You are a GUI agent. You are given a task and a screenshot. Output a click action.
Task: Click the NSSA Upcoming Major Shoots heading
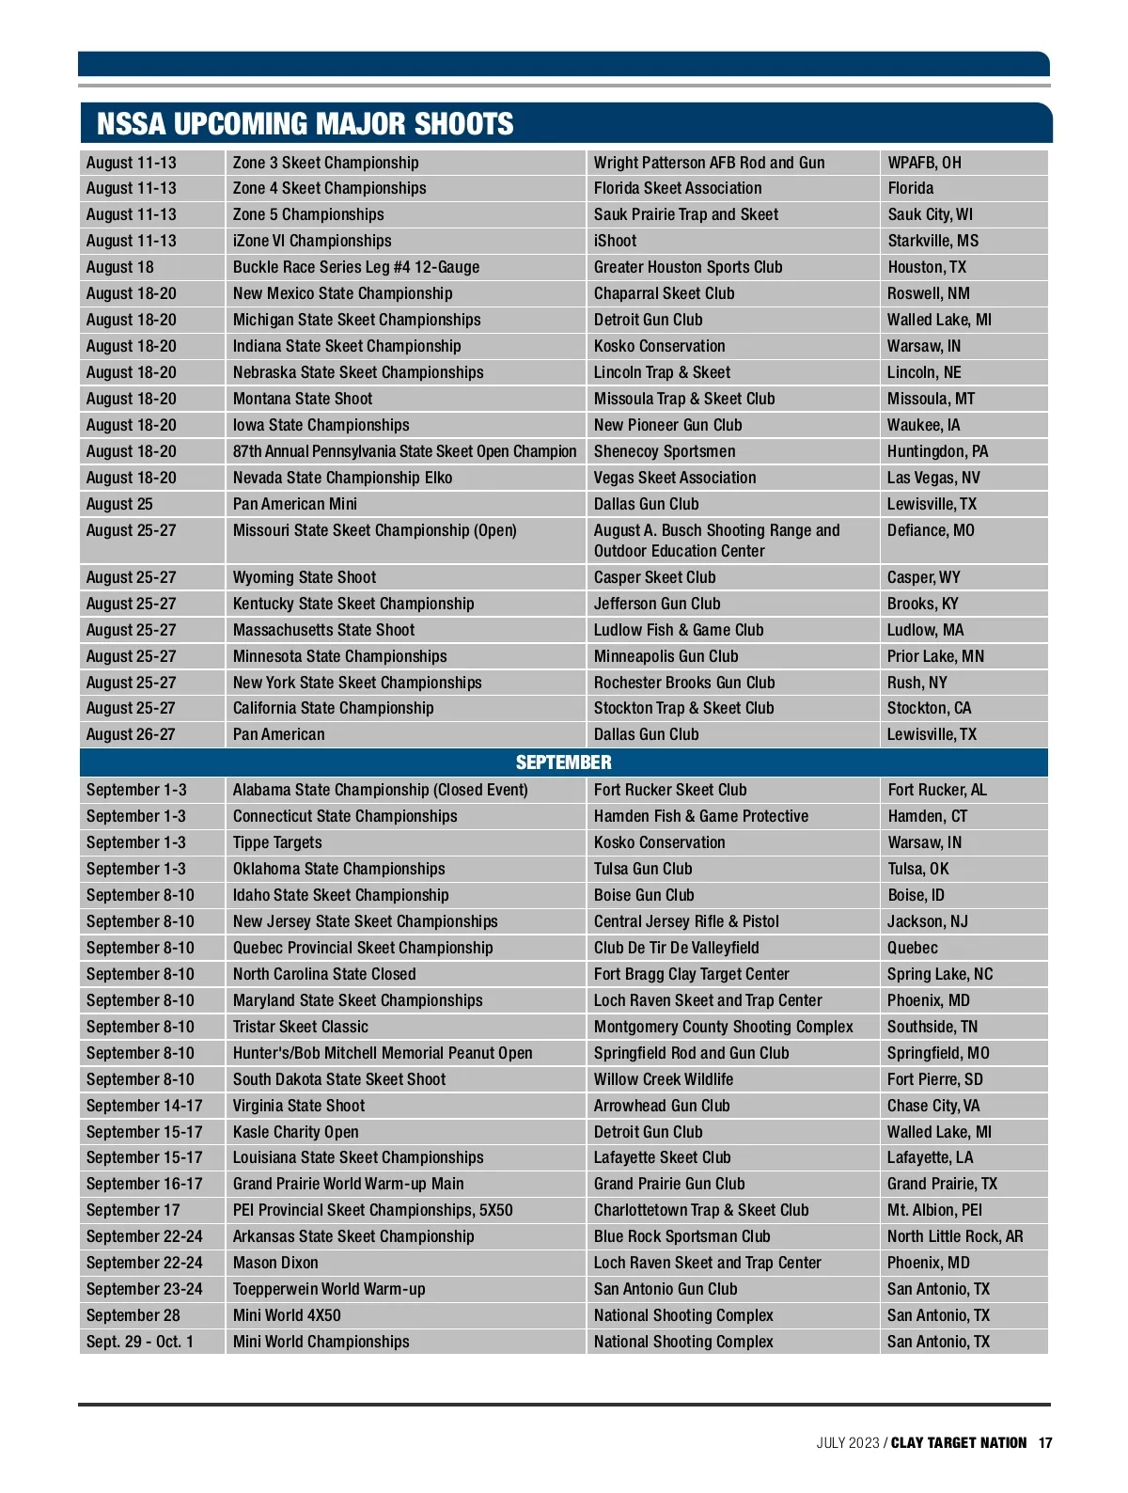305,124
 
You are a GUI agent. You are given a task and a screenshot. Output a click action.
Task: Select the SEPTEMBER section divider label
563,762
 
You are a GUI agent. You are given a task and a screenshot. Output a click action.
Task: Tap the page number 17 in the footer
1045,1443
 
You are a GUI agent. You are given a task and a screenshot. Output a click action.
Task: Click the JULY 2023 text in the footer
848,1443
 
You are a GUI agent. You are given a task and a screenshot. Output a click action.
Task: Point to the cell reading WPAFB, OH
925,163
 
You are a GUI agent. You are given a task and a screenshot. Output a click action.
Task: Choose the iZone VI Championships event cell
312,242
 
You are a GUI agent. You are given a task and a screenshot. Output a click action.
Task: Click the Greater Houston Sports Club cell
688,268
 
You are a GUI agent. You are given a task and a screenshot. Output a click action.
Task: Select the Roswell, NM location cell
929,294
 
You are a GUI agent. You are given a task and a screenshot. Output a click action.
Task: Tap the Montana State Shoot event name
303,400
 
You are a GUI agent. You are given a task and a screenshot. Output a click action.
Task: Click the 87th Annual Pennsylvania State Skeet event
405,452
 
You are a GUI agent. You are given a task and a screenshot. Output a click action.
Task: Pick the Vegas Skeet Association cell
675,479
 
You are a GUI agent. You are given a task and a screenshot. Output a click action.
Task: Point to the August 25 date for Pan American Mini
119,505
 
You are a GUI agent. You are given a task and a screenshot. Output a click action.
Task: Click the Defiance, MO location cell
931,531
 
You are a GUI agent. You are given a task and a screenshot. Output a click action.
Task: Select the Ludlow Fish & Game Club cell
679,631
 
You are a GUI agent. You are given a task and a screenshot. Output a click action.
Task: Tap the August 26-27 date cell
131,735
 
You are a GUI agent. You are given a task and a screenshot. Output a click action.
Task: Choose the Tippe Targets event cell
277,843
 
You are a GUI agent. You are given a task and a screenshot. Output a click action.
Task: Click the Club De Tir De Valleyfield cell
677,949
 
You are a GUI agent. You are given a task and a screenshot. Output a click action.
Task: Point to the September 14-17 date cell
144,1107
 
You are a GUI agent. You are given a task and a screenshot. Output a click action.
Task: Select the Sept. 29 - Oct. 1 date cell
140,1343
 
